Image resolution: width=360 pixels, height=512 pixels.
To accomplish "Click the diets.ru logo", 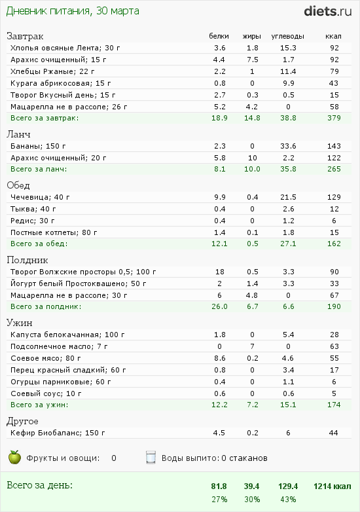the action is [x=328, y=11].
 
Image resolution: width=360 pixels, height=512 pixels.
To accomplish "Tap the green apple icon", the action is [x=14, y=457].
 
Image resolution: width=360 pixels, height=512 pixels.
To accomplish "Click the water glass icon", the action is [x=151, y=458].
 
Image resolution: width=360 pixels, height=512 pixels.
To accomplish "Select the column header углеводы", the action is [x=287, y=36].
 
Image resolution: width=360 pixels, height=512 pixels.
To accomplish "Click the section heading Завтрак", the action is [x=25, y=36].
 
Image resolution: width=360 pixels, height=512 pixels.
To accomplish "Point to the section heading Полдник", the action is [x=27, y=260].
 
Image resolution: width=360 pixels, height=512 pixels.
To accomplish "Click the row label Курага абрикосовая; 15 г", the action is [x=61, y=83].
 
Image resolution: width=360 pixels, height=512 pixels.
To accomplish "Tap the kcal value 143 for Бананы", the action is [x=334, y=146].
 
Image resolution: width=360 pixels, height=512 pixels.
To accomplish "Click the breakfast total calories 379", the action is [x=334, y=118].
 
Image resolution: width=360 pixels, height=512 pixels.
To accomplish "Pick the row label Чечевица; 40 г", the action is [x=40, y=197].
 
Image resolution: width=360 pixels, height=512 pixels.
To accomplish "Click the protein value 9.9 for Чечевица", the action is [x=220, y=197].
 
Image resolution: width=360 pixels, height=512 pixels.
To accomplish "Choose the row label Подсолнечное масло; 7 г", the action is [x=59, y=346].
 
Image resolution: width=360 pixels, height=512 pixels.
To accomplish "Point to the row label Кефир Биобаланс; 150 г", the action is [x=58, y=433].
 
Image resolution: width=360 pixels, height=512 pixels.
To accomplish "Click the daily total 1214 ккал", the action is [x=333, y=486].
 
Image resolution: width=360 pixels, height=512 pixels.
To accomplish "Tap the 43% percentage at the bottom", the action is [x=287, y=500].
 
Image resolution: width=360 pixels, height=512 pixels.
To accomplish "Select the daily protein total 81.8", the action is [x=219, y=486].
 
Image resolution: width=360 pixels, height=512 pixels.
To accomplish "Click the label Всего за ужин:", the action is [x=39, y=405].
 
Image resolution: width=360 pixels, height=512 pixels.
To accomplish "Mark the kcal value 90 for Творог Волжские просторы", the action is [x=334, y=272].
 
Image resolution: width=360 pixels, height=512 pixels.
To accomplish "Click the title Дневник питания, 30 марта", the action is [x=73, y=11].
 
